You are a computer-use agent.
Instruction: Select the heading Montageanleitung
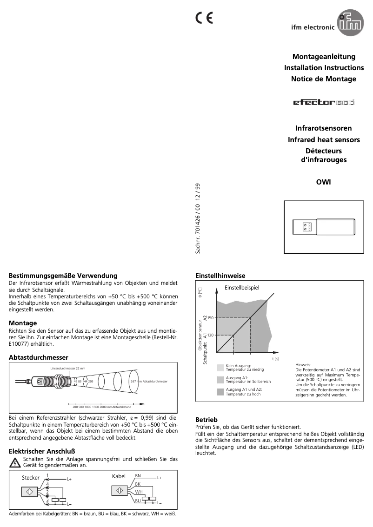pos(324,57)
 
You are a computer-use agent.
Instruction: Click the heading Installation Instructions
pos(320,68)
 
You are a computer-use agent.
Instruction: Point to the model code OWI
pos(323,182)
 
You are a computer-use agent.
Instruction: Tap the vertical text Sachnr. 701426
pos(198,218)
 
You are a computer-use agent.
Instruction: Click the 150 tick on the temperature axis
pos(210,317)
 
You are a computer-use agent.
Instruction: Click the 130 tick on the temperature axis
pos(210,335)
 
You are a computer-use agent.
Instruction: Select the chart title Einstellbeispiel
pos(242,288)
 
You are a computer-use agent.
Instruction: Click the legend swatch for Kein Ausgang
pos(220,368)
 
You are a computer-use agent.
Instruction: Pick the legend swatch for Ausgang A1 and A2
pos(220,391)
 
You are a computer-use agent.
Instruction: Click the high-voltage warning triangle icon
pos(15,462)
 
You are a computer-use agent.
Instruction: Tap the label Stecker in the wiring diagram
pos(31,478)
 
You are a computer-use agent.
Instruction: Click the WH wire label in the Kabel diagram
pos(138,492)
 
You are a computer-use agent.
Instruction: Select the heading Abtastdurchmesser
pos(39,357)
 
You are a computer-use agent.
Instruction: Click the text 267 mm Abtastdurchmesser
pos(149,381)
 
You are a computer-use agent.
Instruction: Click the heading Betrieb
pos(206,419)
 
